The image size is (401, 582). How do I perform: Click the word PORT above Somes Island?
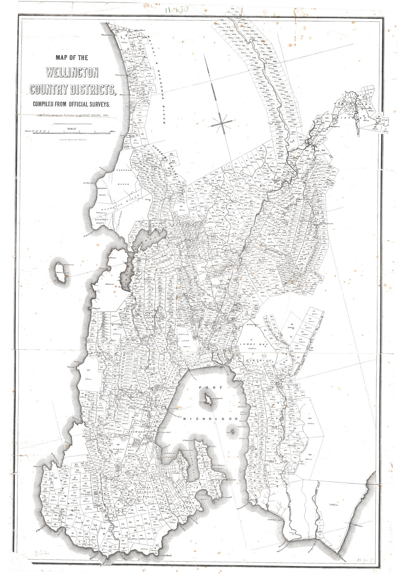point(206,388)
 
